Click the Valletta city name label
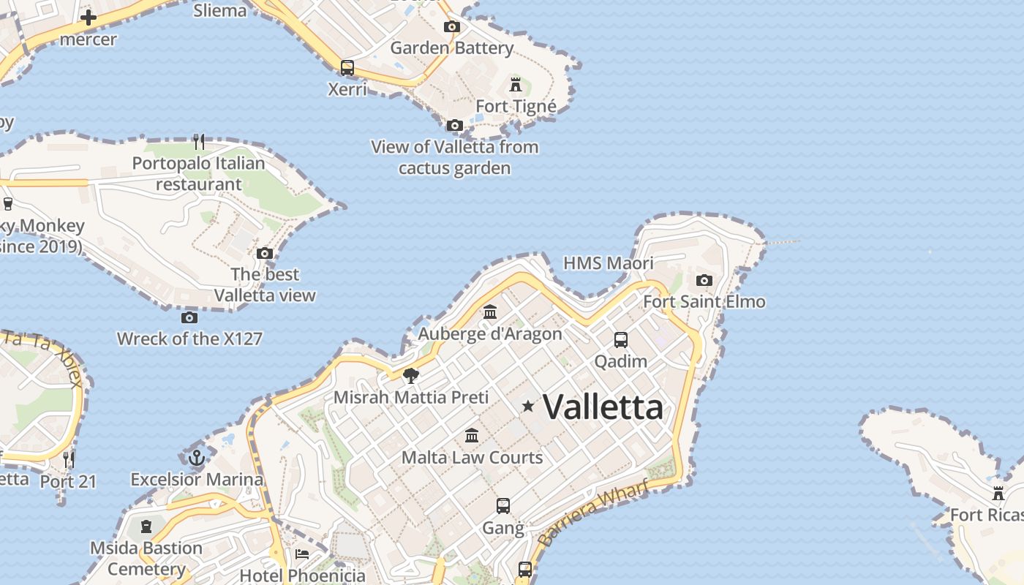point(603,407)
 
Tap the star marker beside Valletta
point(527,405)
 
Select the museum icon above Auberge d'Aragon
point(490,312)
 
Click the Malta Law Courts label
point(472,458)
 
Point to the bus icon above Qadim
point(621,340)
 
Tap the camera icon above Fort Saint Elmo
point(704,280)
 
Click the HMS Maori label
point(609,263)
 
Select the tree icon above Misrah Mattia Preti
point(411,376)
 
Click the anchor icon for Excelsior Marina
point(196,458)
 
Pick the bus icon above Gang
point(503,506)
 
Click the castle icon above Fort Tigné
point(516,84)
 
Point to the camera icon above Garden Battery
point(452,27)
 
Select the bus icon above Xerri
point(347,68)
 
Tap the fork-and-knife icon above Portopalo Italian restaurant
point(199,141)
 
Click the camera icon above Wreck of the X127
point(189,317)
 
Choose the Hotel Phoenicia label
point(302,575)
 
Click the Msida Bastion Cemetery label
point(146,558)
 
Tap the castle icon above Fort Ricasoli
point(998,494)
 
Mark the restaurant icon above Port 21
point(69,460)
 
